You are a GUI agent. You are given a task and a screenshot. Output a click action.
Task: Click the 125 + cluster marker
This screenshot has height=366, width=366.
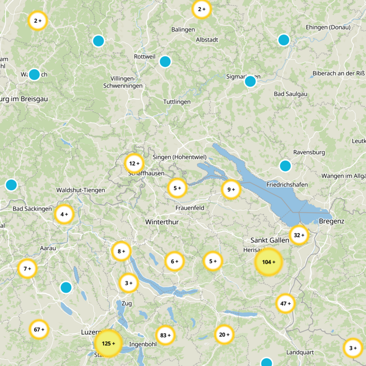(108, 343)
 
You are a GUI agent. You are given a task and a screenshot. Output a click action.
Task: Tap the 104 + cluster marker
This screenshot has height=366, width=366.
(269, 262)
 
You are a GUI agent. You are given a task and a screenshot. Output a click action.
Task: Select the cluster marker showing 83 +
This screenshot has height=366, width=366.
(166, 335)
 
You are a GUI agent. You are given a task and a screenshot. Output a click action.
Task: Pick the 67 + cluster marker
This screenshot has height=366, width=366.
(39, 329)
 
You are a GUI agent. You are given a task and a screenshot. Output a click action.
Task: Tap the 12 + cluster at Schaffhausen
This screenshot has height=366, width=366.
(134, 163)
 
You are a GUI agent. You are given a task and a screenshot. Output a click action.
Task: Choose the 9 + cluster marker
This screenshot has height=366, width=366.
(231, 189)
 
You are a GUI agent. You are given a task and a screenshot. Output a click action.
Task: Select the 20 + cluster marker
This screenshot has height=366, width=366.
(224, 334)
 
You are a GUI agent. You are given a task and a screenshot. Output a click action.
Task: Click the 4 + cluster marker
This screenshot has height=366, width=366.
(64, 214)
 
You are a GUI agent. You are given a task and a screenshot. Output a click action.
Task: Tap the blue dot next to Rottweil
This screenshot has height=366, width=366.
(165, 61)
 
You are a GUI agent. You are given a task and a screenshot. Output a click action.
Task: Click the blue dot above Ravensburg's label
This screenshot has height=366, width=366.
(285, 166)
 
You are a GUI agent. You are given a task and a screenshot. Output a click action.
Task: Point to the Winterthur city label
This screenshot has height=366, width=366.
(161, 222)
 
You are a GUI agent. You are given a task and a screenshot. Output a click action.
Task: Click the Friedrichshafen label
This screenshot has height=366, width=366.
(286, 184)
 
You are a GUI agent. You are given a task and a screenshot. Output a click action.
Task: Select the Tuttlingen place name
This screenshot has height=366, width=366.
(177, 102)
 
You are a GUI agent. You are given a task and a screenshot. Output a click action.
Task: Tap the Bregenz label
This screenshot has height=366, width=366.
(332, 221)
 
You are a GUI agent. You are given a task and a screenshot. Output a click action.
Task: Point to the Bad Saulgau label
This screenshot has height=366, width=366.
(290, 94)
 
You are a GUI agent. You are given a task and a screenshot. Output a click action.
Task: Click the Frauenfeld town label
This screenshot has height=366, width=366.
(189, 208)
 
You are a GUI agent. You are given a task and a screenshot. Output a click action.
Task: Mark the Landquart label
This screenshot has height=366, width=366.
(301, 352)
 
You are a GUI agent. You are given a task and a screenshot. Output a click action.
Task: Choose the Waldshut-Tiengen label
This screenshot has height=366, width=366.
(81, 190)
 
